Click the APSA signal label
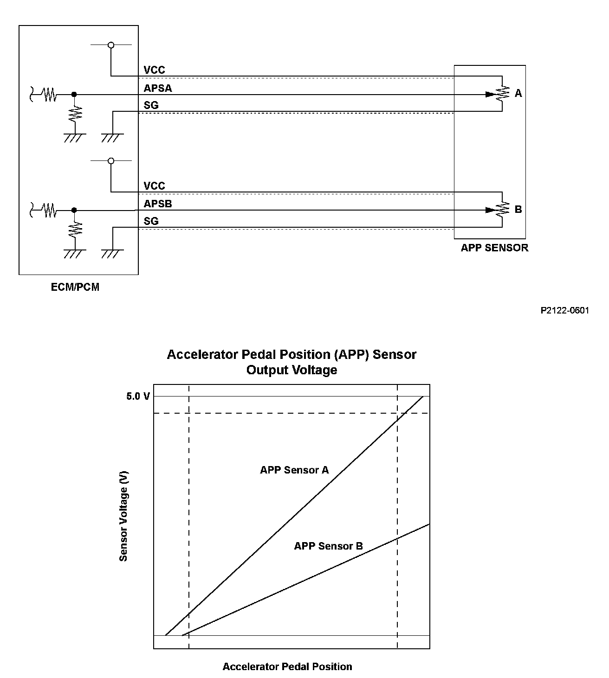[158, 88]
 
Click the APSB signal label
[158, 204]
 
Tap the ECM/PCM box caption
[75, 287]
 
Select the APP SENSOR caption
[494, 248]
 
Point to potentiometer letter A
[518, 94]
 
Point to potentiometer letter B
[518, 210]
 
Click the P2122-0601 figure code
[564, 310]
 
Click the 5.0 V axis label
[138, 397]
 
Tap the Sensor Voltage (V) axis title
[123, 517]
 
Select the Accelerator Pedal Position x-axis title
[287, 667]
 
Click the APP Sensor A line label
[294, 470]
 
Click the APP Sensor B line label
[328, 546]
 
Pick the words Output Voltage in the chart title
[292, 370]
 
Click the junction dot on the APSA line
[74, 94]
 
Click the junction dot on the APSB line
[74, 210]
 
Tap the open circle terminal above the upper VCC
[110, 45]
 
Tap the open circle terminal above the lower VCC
[110, 161]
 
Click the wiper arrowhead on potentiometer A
[490, 94]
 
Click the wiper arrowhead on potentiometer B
[490, 210]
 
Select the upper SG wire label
[151, 105]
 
